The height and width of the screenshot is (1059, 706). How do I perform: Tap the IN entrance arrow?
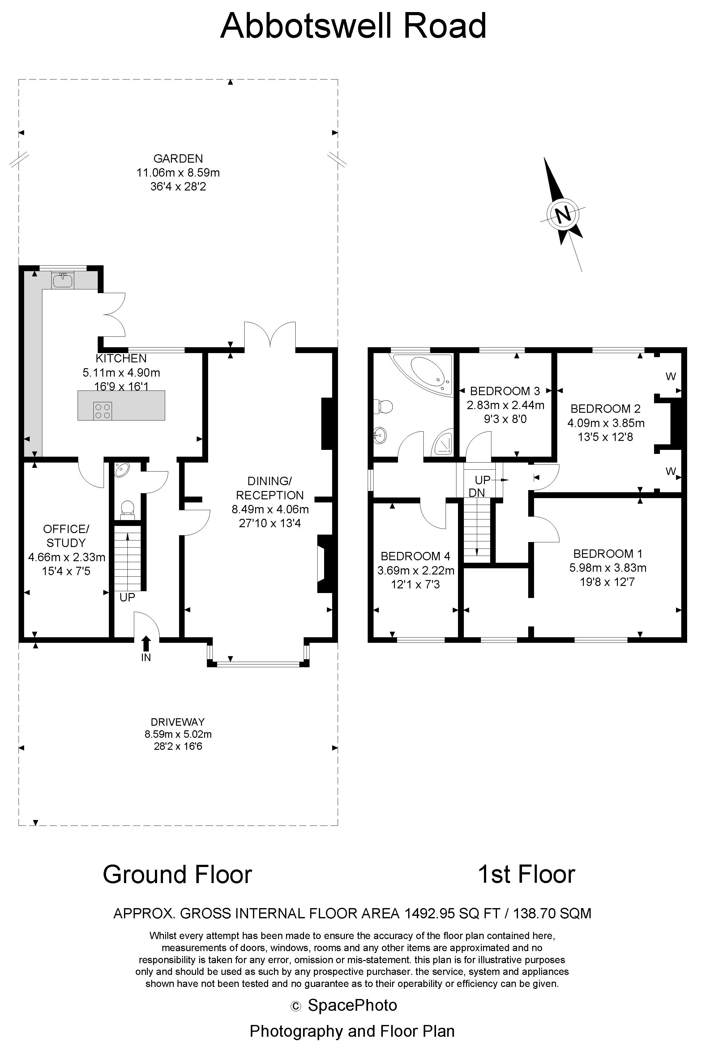pos(146,643)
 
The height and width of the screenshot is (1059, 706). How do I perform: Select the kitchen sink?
pos(62,280)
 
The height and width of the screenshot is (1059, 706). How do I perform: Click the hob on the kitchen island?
pos(102,410)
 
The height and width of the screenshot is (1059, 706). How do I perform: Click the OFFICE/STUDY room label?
pos(66,536)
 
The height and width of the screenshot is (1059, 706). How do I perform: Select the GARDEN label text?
pos(178,158)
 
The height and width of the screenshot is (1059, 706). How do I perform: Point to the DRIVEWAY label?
pos(178,722)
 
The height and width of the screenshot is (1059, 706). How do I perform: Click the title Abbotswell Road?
pos(353,26)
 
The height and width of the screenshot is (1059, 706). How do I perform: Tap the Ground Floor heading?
pos(178,874)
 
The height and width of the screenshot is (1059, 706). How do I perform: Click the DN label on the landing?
pos(477,493)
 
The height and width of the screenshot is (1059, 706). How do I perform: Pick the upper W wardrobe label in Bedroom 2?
pos(670,376)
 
